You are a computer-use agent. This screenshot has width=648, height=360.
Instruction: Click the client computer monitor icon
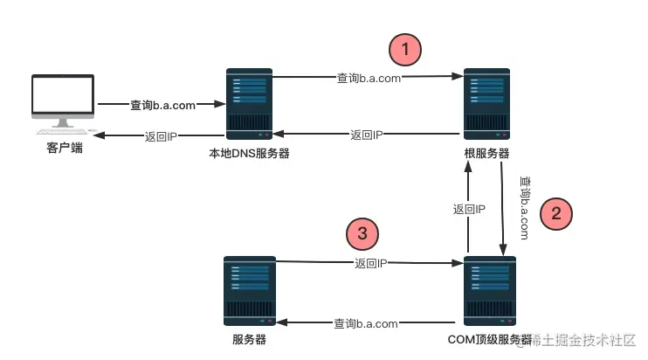[64, 104]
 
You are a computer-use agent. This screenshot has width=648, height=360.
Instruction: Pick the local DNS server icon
[250, 104]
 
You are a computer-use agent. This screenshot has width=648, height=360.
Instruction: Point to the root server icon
[486, 104]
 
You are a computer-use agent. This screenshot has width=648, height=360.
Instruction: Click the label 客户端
[64, 149]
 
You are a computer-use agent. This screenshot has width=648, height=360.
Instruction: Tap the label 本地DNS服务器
[249, 154]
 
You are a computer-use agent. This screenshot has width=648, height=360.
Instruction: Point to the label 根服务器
[486, 154]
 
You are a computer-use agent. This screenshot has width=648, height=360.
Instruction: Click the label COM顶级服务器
[490, 339]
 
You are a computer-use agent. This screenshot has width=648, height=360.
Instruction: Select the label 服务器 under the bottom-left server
[249, 339]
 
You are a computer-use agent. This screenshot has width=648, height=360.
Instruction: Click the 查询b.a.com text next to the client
[162, 104]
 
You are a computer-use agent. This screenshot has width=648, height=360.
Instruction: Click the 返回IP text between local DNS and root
[368, 135]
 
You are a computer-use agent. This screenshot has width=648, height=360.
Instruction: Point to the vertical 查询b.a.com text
[524, 207]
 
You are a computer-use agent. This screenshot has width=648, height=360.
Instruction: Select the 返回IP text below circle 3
[371, 262]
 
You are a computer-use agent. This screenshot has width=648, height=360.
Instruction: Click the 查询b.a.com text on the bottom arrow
[366, 323]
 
